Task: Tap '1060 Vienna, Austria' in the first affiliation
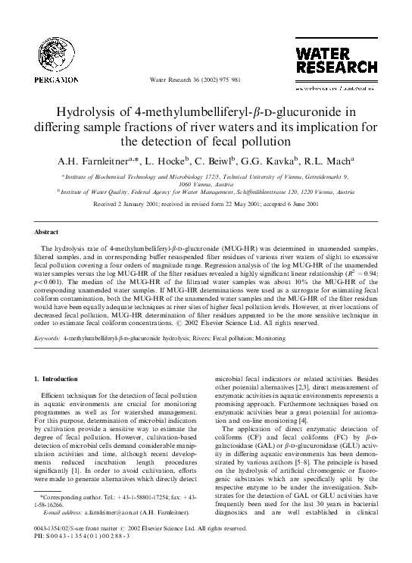(x=206, y=184)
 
